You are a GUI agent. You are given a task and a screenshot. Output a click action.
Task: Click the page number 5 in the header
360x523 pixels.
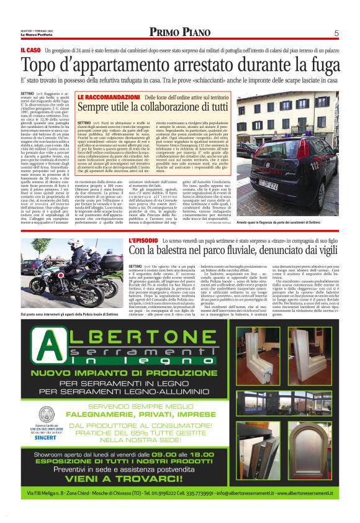pyautogui.click(x=336, y=33)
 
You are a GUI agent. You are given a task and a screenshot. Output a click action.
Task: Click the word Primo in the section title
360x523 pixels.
pyautogui.click(x=165, y=33)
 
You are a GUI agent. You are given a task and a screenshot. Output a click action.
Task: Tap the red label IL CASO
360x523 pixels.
pyautogui.click(x=30, y=49)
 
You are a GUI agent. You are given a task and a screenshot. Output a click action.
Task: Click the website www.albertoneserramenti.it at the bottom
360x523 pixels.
pyautogui.click(x=295, y=509)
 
